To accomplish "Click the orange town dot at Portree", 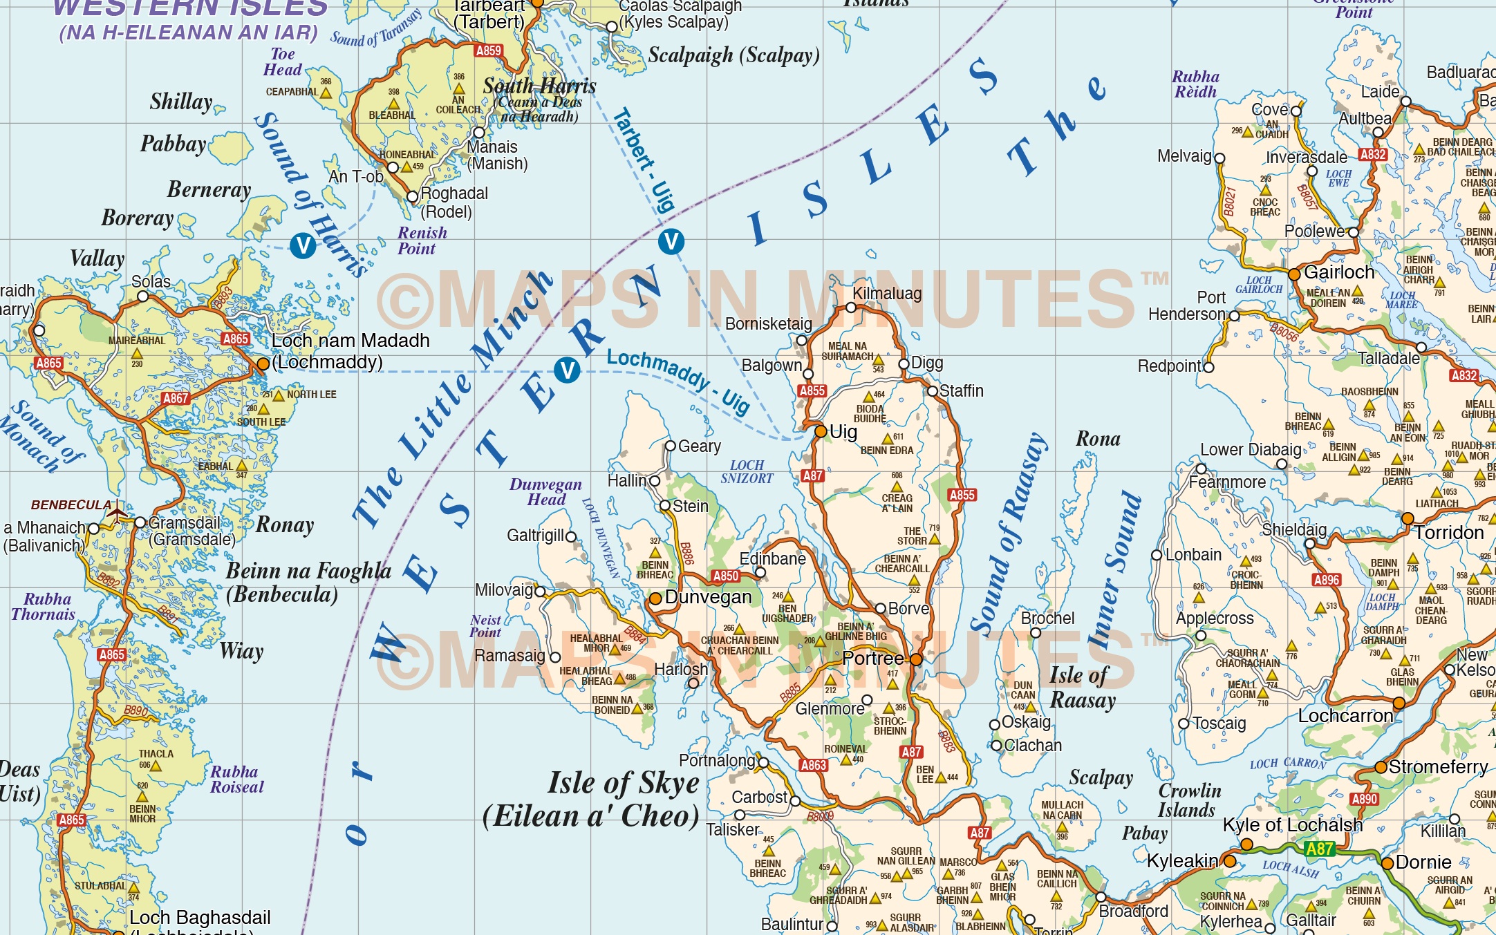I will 916,659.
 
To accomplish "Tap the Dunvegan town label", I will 708,597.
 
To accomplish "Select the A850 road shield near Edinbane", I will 725,576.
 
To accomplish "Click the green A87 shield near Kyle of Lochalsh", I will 1319,849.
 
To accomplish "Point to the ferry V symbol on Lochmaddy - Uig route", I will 567,370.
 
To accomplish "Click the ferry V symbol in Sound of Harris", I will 303,245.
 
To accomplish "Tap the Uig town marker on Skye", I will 821,431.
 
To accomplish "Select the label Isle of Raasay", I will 1082,688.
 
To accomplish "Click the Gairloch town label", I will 1339,272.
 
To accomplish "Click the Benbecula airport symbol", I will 117,513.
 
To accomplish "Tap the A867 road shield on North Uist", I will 176,398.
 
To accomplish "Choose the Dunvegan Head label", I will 545,491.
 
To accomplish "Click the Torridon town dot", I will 1408,518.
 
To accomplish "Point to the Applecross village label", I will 1215,618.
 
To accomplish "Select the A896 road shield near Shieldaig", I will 1327,580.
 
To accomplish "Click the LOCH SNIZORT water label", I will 747,471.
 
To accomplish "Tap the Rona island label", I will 1098,439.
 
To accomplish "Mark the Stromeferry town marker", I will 1381,767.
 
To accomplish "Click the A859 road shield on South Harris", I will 488,50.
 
